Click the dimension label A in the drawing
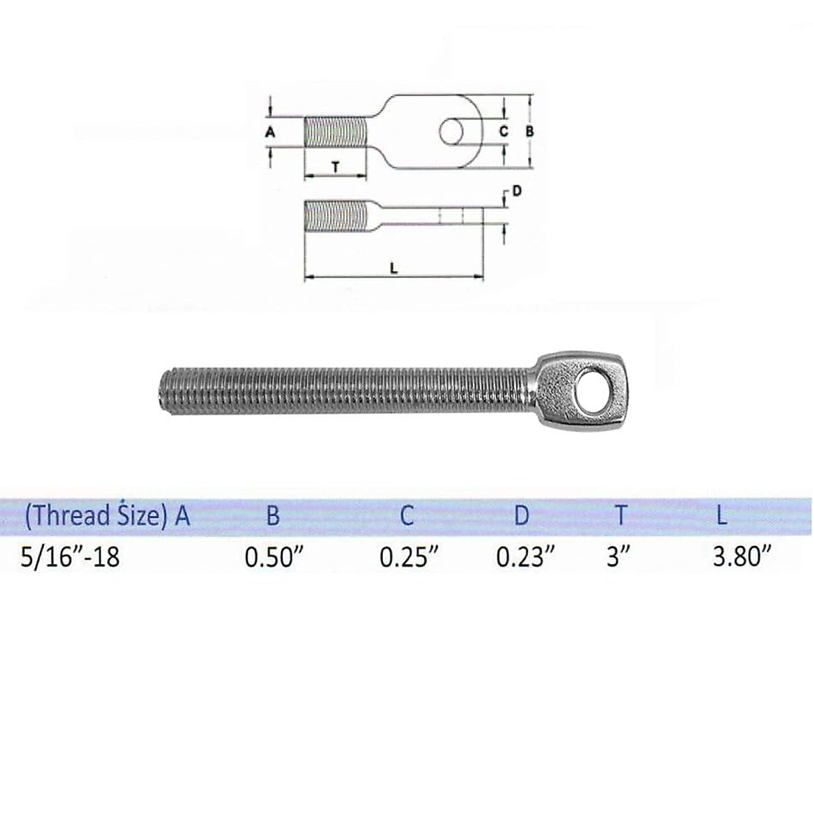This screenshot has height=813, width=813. pyautogui.click(x=270, y=132)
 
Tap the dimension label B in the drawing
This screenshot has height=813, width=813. pyautogui.click(x=530, y=131)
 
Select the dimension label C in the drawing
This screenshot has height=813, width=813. pyautogui.click(x=503, y=131)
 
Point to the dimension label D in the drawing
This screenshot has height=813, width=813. pyautogui.click(x=517, y=192)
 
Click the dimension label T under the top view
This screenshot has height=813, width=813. pyautogui.click(x=335, y=166)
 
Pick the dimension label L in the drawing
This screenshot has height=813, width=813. pyautogui.click(x=394, y=268)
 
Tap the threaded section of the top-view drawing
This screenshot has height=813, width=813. pyautogui.click(x=335, y=131)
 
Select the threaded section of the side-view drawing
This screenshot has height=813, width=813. pyautogui.click(x=335, y=215)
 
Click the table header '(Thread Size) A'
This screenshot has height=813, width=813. pyautogui.click(x=107, y=516)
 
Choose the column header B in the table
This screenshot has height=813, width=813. pyautogui.click(x=272, y=516)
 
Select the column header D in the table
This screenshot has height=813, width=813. pyautogui.click(x=521, y=516)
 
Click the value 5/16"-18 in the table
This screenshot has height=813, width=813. pyautogui.click(x=70, y=557)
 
